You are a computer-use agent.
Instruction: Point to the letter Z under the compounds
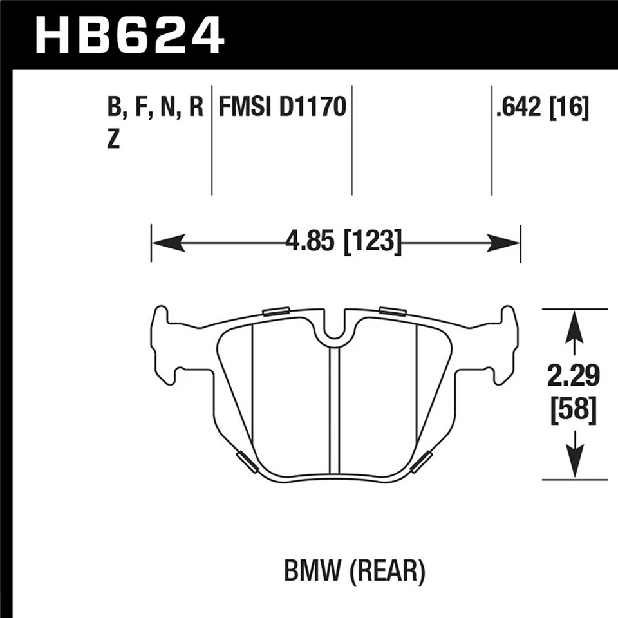(x=114, y=140)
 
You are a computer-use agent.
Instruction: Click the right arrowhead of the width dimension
(x=505, y=243)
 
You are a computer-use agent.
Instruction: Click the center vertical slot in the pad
(x=333, y=412)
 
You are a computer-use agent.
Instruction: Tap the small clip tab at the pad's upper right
(x=393, y=312)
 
